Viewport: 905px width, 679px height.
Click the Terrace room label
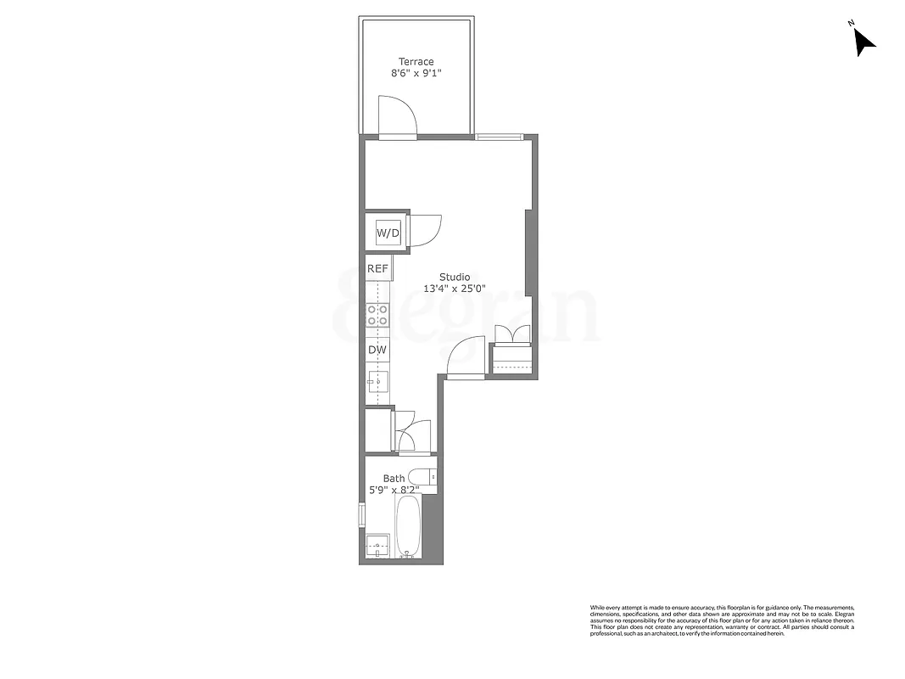click(x=416, y=61)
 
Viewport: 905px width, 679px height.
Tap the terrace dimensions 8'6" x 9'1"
click(x=416, y=74)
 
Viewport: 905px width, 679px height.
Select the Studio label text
click(x=455, y=277)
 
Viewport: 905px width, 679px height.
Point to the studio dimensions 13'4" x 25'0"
click(x=455, y=289)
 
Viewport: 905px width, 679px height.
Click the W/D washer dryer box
click(x=388, y=232)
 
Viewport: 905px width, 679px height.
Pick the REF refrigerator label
click(x=377, y=268)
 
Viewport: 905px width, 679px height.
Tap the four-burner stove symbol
click(x=377, y=316)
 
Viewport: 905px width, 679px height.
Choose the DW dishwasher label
click(x=377, y=349)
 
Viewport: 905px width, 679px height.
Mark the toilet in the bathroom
click(x=422, y=477)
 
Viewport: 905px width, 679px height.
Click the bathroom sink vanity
click(x=377, y=546)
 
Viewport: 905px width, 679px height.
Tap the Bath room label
click(x=394, y=479)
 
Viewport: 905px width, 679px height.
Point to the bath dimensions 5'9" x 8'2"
click(x=394, y=490)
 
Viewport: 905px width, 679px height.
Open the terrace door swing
click(x=397, y=117)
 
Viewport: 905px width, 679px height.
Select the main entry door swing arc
click(x=466, y=356)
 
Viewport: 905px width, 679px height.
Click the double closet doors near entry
click(x=513, y=334)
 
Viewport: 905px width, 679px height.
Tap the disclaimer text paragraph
click(x=722, y=620)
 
